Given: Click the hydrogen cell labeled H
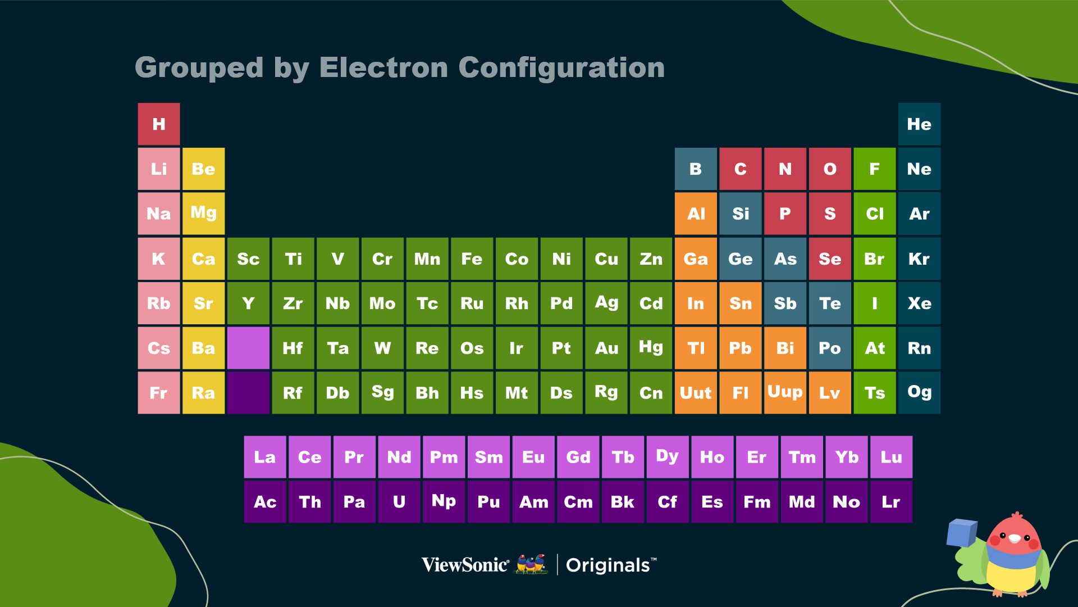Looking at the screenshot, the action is [159, 124].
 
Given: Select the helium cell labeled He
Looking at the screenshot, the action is [919, 124].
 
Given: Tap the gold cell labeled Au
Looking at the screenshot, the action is [606, 348].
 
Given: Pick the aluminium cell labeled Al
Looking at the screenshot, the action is [696, 214].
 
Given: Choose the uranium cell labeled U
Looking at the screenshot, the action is [399, 502].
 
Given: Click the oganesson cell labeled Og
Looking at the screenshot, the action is [919, 393].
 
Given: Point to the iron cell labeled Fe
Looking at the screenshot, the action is [472, 259].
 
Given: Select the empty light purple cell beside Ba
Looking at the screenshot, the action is [248, 348].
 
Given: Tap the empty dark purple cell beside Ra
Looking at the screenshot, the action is [248, 393].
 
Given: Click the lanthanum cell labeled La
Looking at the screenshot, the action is [265, 457].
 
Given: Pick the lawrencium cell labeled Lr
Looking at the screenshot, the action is [891, 502].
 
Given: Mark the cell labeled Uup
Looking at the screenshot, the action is [785, 393].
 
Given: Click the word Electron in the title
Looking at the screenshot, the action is [383, 67].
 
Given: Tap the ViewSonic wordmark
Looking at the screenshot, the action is [465, 564].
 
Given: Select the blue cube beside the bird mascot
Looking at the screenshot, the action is [961, 532].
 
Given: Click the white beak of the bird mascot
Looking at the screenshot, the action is [1015, 538].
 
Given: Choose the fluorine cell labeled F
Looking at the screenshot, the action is [875, 169].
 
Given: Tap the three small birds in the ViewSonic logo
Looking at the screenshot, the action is [532, 564].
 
